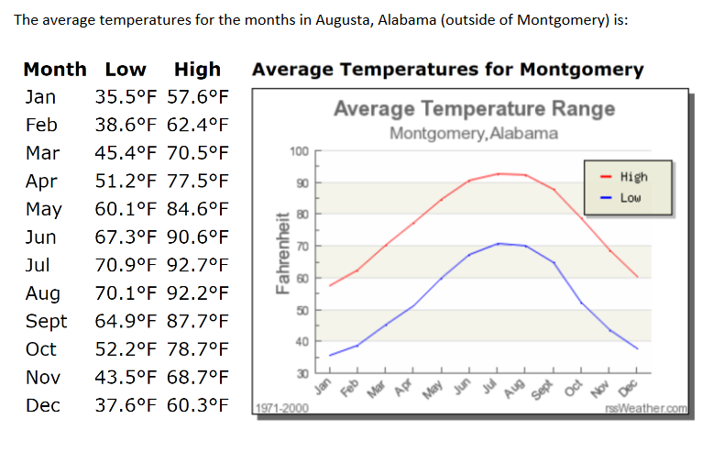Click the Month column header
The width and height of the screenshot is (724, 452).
55,70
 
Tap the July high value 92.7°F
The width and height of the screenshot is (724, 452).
198,266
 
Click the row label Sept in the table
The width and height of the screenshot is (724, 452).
46,322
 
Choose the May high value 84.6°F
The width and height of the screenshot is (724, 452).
198,209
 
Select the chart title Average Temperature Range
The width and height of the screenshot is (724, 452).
474,109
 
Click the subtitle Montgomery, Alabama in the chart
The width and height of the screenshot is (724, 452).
474,133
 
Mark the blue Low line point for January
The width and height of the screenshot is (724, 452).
330,355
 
